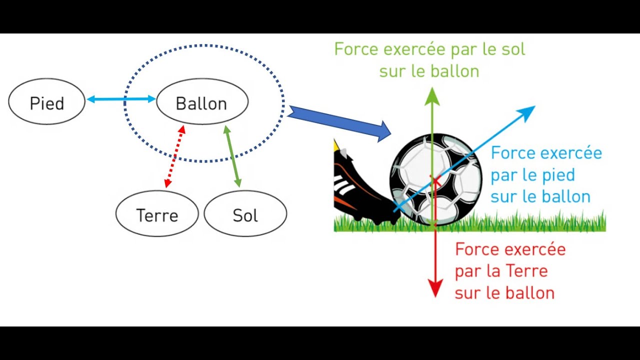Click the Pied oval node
pyautogui.click(x=46, y=103)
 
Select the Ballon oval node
pyautogui.click(x=202, y=103)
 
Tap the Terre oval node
pyautogui.click(x=157, y=215)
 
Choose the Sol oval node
pyautogui.click(x=245, y=215)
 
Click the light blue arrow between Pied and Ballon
pyautogui.click(x=121, y=99)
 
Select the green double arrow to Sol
pyautogui.click(x=232, y=156)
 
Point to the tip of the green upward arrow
pyautogui.click(x=431, y=90)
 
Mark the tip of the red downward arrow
pyautogui.click(x=435, y=296)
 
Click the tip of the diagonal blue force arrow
pyautogui.click(x=534, y=106)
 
